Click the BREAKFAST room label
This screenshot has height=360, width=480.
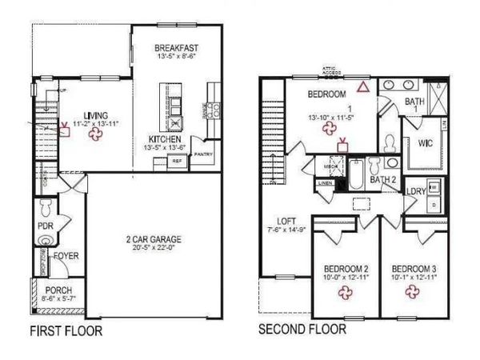click(x=176, y=49)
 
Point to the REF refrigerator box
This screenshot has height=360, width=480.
click(x=178, y=161)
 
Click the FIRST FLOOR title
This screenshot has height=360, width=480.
click(x=66, y=330)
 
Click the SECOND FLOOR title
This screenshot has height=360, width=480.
click(x=302, y=329)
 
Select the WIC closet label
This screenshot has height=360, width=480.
click(x=424, y=146)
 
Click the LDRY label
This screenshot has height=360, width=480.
click(x=415, y=192)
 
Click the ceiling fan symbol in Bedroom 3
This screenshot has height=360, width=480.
click(x=413, y=292)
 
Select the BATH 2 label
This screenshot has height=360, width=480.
click(x=384, y=180)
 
